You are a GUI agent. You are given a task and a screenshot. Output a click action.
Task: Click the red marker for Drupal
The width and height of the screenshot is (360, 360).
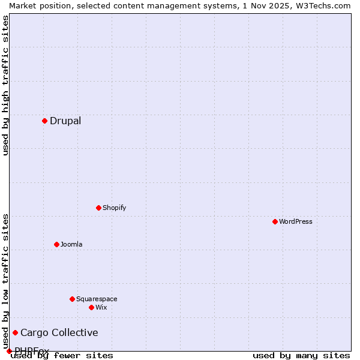pyautogui.click(x=44, y=121)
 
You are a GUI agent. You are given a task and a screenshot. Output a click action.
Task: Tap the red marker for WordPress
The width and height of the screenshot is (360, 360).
pyautogui.click(x=275, y=221)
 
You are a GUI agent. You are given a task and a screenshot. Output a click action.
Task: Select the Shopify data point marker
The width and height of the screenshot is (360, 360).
pyautogui.click(x=98, y=208)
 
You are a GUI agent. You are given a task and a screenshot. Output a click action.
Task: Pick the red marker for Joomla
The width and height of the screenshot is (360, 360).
pyautogui.click(x=56, y=244)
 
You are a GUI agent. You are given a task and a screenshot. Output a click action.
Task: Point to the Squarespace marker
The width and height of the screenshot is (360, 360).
pyautogui.click(x=72, y=299)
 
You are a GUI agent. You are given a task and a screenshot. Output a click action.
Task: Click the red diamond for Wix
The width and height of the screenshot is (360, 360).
pyautogui.click(x=91, y=307)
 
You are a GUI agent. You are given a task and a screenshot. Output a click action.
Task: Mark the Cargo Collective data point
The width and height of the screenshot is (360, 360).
pyautogui.click(x=15, y=332)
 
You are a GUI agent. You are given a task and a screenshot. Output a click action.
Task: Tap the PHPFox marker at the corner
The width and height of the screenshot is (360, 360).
pyautogui.click(x=9, y=351)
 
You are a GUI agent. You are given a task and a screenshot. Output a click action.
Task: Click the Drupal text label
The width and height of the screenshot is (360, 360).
pyautogui.click(x=65, y=121)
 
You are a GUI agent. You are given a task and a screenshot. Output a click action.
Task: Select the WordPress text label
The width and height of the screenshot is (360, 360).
pyautogui.click(x=296, y=221)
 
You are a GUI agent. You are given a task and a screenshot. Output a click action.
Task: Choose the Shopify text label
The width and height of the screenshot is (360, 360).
pyautogui.click(x=114, y=208)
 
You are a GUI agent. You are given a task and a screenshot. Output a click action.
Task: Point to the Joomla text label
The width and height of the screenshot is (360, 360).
pyautogui.click(x=71, y=244)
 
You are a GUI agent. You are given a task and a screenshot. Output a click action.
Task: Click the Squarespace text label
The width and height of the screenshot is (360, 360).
pyautogui.click(x=97, y=299)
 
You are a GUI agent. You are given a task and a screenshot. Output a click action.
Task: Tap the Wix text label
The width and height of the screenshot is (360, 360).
pyautogui.click(x=101, y=307)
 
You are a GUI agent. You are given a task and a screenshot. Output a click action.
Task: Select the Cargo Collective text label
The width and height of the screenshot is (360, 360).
pyautogui.click(x=59, y=332)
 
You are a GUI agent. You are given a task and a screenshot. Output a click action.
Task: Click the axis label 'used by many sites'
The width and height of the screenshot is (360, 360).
pyautogui.click(x=301, y=355)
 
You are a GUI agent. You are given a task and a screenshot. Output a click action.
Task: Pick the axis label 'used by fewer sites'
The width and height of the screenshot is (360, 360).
pyautogui.click(x=62, y=355)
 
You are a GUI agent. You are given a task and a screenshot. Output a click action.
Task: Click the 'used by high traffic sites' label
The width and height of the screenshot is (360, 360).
pyautogui.click(x=5, y=85)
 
